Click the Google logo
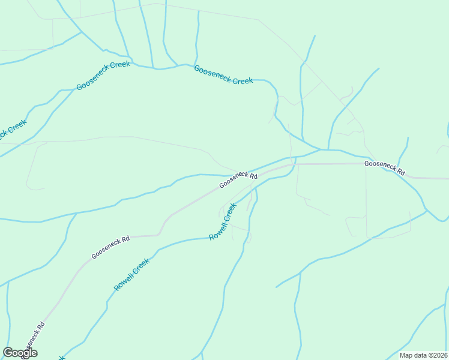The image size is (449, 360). coord(20,353)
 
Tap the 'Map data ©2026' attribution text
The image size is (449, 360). coord(423,355)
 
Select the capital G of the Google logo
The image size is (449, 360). coord(8,352)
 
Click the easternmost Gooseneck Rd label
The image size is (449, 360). coord(385,167)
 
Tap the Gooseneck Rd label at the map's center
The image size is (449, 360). coord(238,179)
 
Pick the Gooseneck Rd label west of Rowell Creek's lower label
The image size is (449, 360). coord(110,247)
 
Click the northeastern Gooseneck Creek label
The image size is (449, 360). coord(223,75)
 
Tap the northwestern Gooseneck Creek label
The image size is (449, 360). coord(103,76)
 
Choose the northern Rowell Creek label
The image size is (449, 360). coord(223,221)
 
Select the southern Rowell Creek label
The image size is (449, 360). coord(131,275)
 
